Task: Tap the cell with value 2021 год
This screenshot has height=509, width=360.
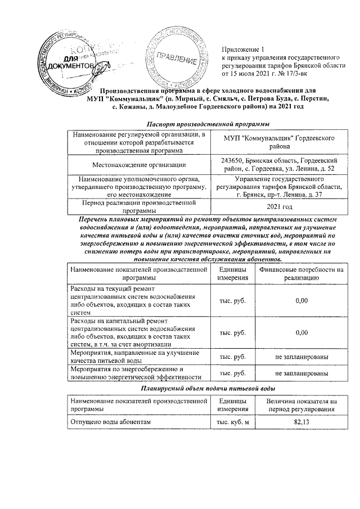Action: click(280, 206)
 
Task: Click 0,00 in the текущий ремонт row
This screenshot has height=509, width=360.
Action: click(302, 301)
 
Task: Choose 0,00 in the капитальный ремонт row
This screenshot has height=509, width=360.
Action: click(302, 332)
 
